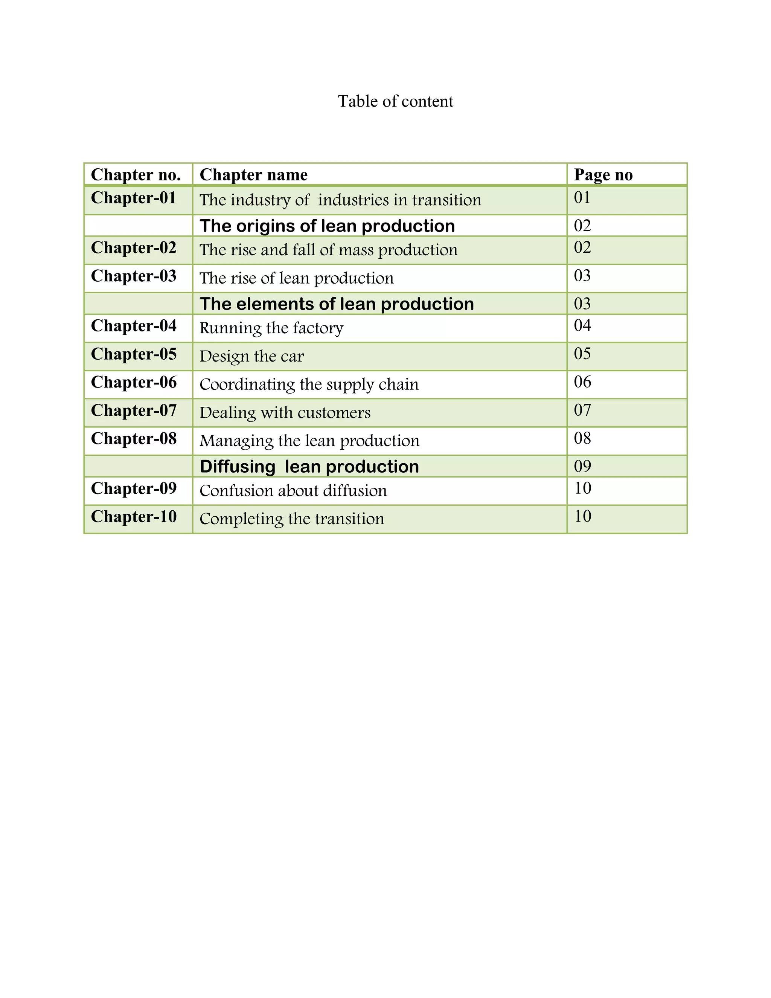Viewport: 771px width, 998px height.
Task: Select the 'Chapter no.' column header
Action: pyautogui.click(x=136, y=175)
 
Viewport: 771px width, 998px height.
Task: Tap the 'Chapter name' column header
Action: pyautogui.click(x=253, y=175)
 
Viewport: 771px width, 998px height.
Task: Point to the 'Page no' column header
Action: pyautogui.click(x=603, y=175)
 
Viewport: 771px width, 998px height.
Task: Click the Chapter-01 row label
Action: pyautogui.click(x=133, y=198)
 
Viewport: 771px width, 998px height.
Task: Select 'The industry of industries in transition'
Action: pyautogui.click(x=340, y=200)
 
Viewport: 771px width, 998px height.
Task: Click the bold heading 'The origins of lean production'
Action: pyautogui.click(x=327, y=226)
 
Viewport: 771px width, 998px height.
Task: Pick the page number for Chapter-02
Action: pyautogui.click(x=582, y=247)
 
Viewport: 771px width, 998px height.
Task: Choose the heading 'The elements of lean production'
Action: pyautogui.click(x=337, y=304)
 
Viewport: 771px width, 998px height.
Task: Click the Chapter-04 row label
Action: pyautogui.click(x=133, y=326)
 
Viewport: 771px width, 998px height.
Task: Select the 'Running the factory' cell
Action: pyautogui.click(x=271, y=328)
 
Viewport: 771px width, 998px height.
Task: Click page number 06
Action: pyautogui.click(x=582, y=382)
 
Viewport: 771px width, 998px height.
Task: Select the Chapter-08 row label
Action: pyautogui.click(x=133, y=439)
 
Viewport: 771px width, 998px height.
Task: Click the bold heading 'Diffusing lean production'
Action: pyautogui.click(x=309, y=467)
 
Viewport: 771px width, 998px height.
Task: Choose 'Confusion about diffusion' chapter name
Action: pyautogui.click(x=293, y=491)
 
